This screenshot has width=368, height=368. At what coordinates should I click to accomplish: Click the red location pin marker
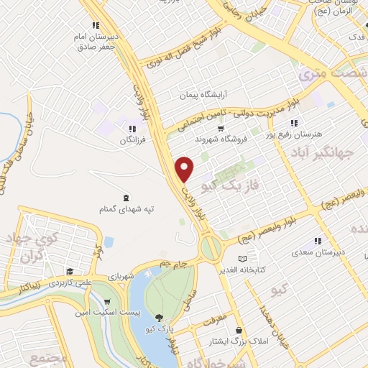(185, 169)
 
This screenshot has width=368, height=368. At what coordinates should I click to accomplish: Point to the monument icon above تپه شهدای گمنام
(126, 197)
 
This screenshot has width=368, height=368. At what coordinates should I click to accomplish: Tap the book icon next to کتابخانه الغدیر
(242, 259)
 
